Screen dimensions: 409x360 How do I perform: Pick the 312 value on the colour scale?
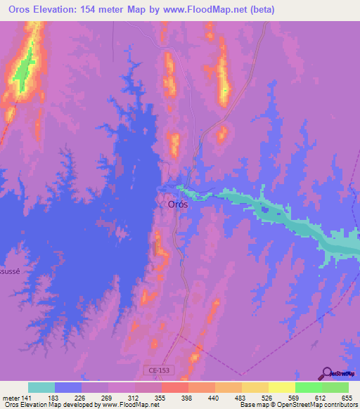[x=134, y=398]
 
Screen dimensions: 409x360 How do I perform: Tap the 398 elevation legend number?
[x=188, y=398]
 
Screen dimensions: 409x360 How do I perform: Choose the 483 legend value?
[x=241, y=398]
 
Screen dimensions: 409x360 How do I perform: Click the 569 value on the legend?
[x=295, y=398]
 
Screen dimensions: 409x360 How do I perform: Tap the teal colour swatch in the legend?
[x=41, y=387]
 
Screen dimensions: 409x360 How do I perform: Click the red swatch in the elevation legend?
[x=174, y=387]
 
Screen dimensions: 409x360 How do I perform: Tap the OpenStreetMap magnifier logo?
[x=326, y=373]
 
